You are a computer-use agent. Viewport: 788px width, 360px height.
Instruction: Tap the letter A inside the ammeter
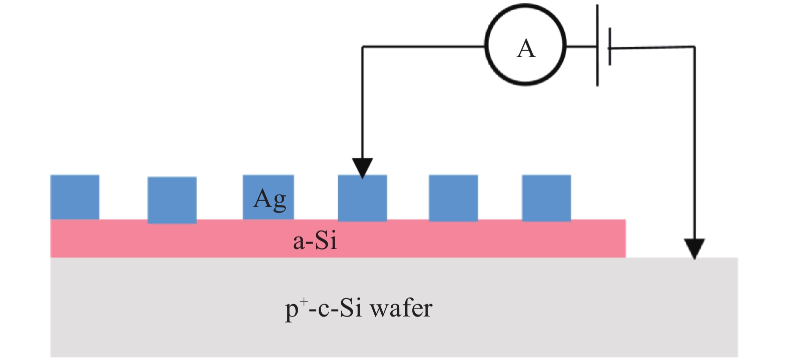pos(526,49)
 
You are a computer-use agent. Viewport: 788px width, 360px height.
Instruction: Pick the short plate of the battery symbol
pos(610,47)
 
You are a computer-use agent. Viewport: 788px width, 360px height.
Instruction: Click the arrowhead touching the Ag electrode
pos(362,168)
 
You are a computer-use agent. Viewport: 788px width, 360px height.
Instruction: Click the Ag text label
pos(270,199)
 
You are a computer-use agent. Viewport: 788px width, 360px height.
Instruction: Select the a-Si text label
pos(315,241)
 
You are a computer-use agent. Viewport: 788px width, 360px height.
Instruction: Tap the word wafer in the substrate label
pos(401,308)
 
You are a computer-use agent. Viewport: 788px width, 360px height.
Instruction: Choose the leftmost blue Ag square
pos(75,197)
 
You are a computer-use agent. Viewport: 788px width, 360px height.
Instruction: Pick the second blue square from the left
pos(172,200)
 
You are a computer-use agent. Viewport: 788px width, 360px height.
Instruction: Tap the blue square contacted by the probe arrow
pos(362,200)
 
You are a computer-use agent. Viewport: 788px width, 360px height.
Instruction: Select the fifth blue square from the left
pos(453,198)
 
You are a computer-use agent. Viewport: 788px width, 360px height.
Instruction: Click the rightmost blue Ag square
pos(546,198)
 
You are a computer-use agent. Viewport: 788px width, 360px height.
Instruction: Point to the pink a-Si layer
pos(450,239)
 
